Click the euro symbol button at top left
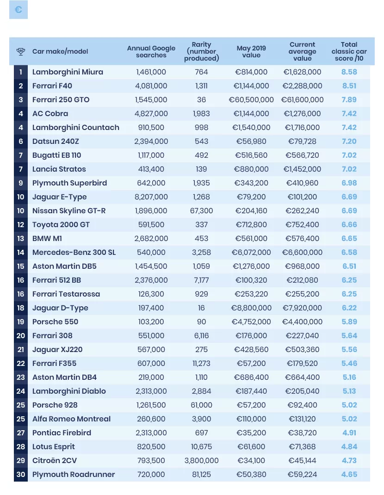pyautogui.click(x=19, y=9)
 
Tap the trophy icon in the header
pyautogui.click(x=21, y=51)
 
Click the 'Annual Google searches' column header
pyautogui.click(x=151, y=51)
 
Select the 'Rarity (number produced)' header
pyautogui.click(x=201, y=51)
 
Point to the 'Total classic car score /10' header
pyautogui.click(x=349, y=51)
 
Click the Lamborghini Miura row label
pyautogui.click(x=68, y=72)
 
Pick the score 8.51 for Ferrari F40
pyautogui.click(x=349, y=86)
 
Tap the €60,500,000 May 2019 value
pyautogui.click(x=251, y=100)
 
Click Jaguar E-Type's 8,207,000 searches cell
pyautogui.click(x=151, y=197)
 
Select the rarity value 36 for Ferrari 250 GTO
pyautogui.click(x=201, y=100)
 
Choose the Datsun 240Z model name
pyautogui.click(x=56, y=142)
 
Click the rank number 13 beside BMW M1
pyautogui.click(x=20, y=239)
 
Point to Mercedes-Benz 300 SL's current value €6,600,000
pyautogui.click(x=302, y=253)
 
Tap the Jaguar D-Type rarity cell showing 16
pyautogui.click(x=201, y=308)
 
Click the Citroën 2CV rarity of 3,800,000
pyautogui.click(x=201, y=461)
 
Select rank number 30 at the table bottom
pyautogui.click(x=20, y=475)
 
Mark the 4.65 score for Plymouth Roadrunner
pyautogui.click(x=349, y=475)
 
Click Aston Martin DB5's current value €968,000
pyautogui.click(x=302, y=266)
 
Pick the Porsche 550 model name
pyautogui.click(x=55, y=322)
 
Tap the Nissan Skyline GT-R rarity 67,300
pyautogui.click(x=201, y=211)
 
